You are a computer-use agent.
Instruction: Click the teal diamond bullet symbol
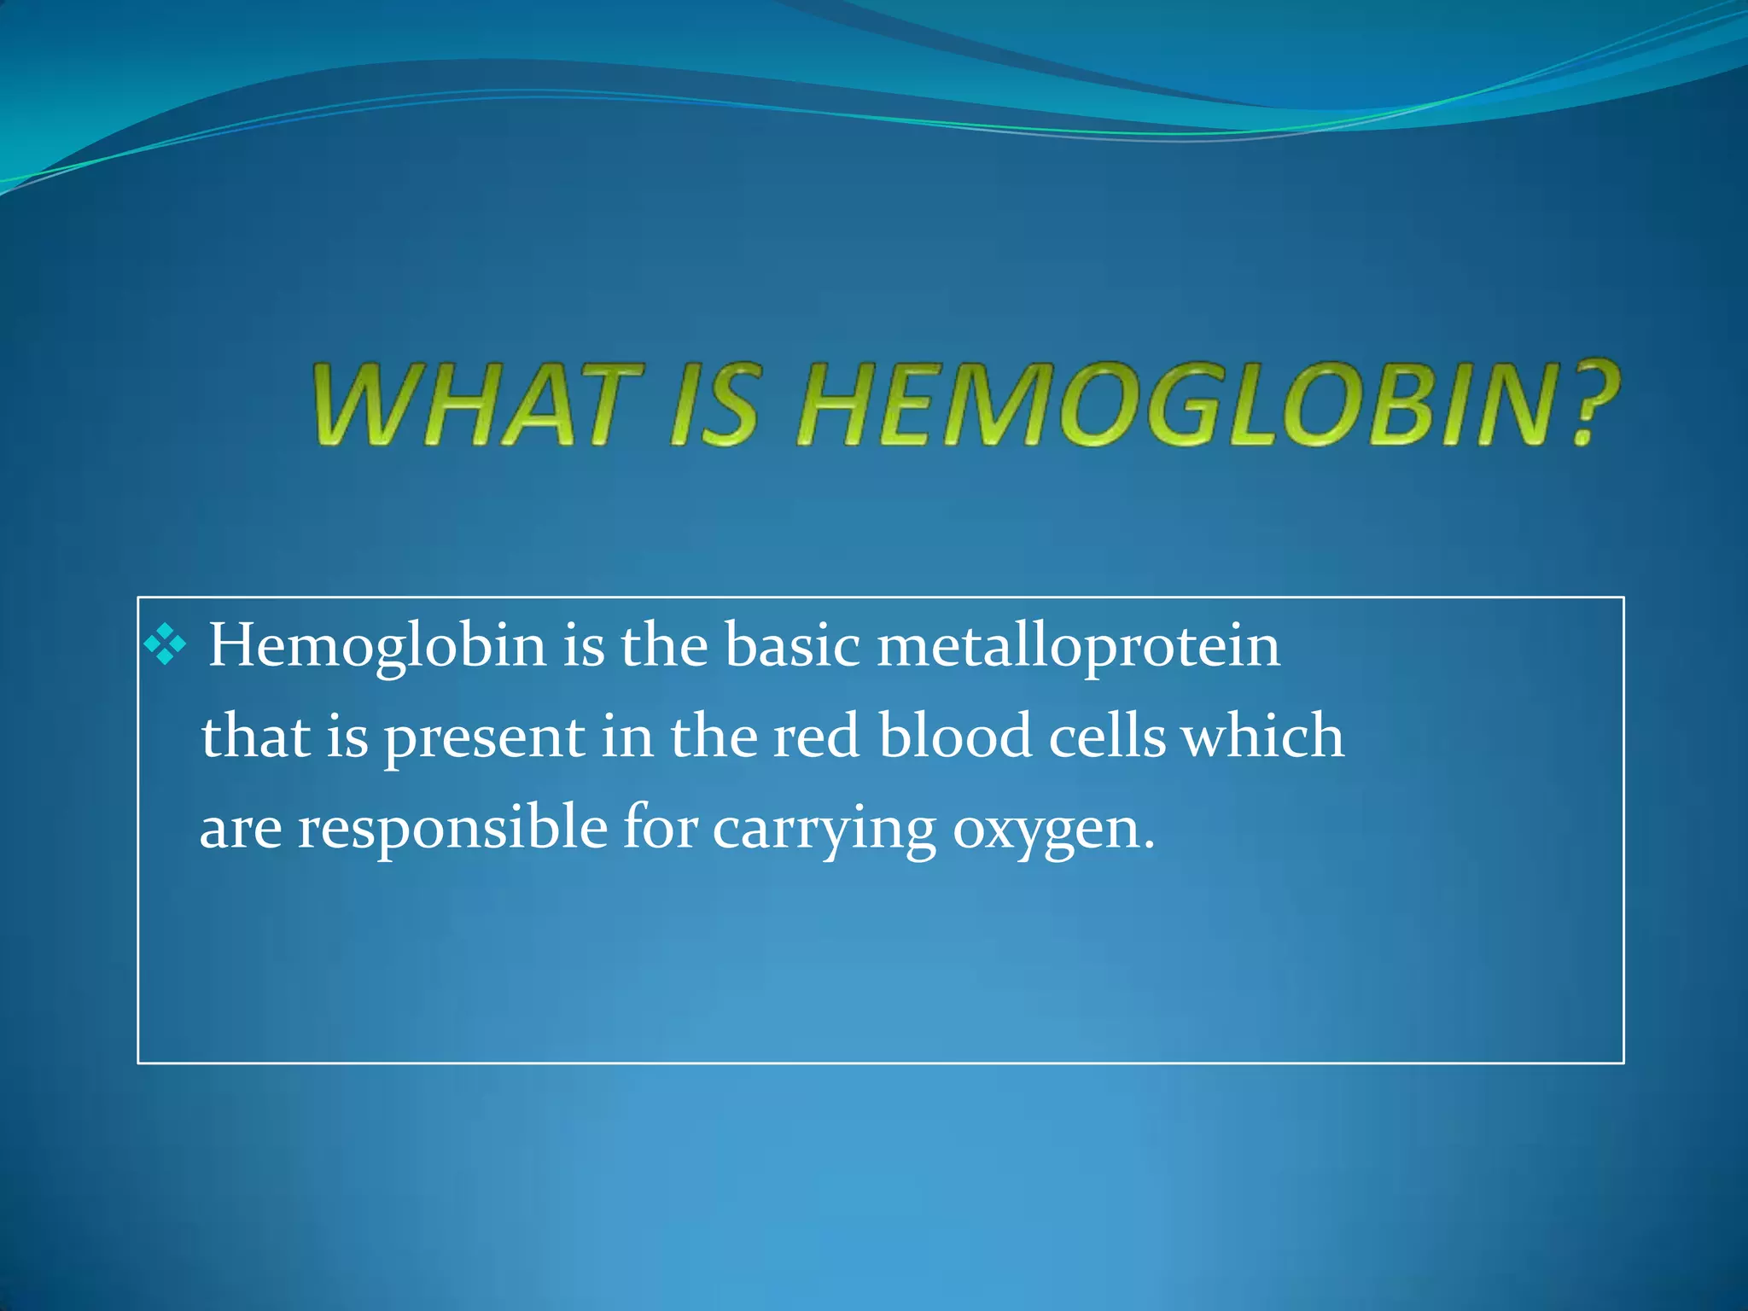point(165,645)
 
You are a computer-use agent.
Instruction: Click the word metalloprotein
point(1079,647)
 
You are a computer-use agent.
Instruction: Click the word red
point(816,737)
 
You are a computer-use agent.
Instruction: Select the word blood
point(955,737)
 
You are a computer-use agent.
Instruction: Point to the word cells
point(1107,737)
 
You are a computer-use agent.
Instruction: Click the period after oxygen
point(1149,846)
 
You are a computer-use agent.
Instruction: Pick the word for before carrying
point(660,828)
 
